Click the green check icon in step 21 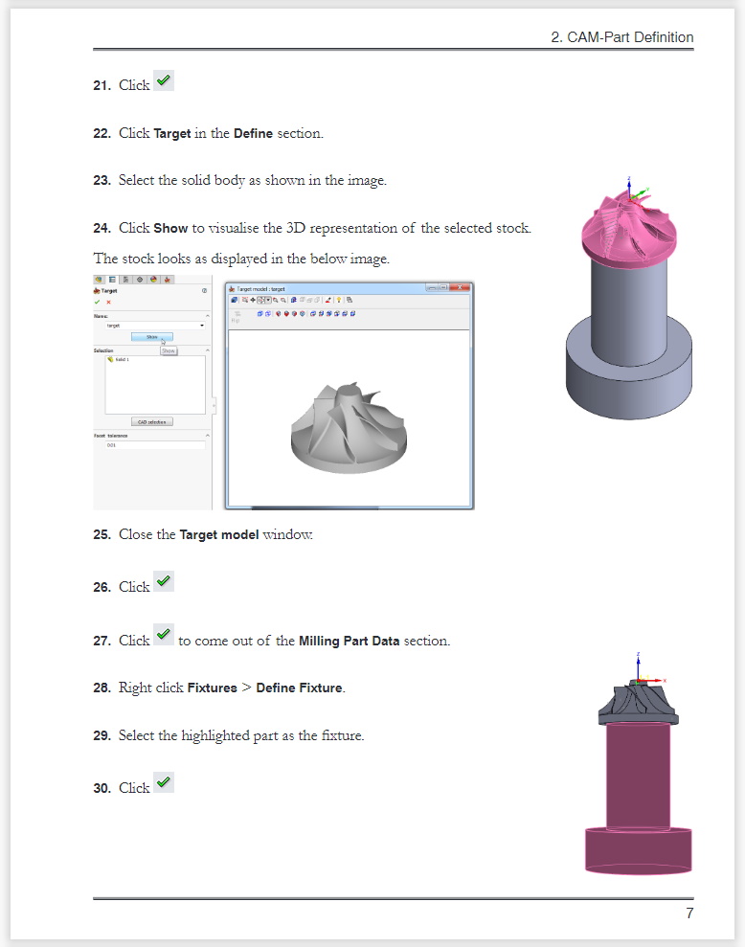pos(164,81)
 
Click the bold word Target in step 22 pos(172,133)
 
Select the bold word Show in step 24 pos(170,228)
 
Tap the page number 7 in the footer pos(689,913)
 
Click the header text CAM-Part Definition pos(622,37)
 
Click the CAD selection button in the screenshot pos(152,421)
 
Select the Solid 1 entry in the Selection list pos(121,359)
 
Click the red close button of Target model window pos(463,287)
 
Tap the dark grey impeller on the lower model pos(638,703)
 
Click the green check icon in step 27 pos(164,634)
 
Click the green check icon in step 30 pos(164,782)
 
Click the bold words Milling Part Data pos(349,641)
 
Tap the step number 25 pos(102,534)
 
